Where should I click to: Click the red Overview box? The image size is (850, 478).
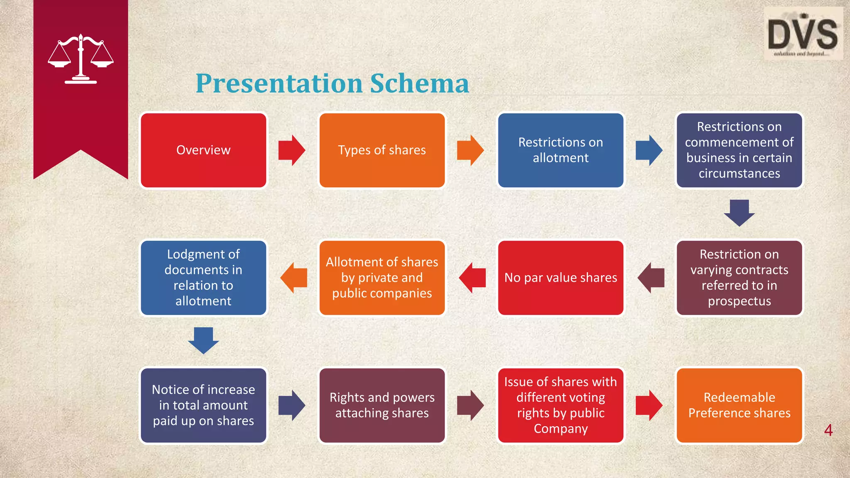click(x=203, y=150)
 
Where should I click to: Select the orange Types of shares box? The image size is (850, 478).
click(x=382, y=150)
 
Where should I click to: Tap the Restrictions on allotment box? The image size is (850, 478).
click(x=560, y=150)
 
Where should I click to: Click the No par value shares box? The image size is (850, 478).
click(x=560, y=278)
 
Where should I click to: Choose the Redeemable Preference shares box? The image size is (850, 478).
click(x=739, y=405)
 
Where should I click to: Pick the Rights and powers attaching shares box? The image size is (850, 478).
click(x=382, y=405)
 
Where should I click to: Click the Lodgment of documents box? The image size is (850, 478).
click(x=203, y=278)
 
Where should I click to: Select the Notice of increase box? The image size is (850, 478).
click(x=203, y=405)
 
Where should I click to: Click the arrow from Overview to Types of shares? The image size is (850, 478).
click(x=292, y=150)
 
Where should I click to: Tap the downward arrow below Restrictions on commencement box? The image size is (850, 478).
click(x=739, y=212)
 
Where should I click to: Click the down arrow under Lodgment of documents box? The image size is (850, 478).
click(x=203, y=340)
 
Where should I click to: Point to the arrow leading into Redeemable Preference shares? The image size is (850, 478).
click(x=649, y=405)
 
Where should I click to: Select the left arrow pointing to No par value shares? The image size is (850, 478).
click(x=651, y=278)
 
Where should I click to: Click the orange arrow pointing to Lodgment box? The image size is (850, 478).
click(x=293, y=278)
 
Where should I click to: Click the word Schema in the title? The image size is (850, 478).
click(x=419, y=83)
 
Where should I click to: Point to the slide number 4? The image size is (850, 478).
click(x=828, y=430)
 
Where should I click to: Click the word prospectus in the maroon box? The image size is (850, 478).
click(x=739, y=301)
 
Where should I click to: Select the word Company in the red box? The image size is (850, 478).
click(x=560, y=429)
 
